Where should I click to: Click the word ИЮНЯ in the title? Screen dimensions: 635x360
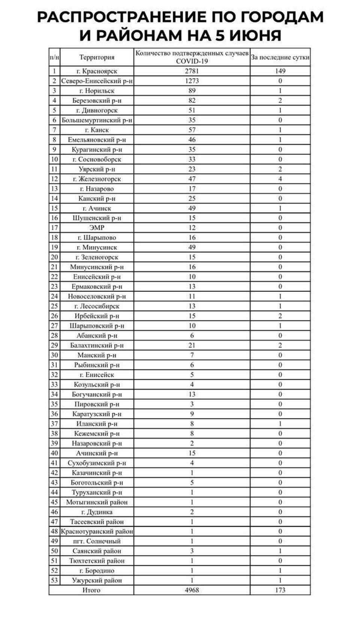point(255,35)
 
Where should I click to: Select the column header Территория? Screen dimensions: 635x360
point(97,57)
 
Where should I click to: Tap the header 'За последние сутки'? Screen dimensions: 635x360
point(280,57)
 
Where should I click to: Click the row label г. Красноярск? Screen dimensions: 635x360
point(97,71)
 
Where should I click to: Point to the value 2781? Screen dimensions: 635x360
point(192,71)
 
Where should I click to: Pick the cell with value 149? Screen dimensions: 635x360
point(280,71)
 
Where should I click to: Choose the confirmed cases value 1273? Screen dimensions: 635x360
point(192,81)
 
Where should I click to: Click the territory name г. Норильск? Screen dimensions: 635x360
point(97,91)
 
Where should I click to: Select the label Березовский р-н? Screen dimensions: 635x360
point(97,101)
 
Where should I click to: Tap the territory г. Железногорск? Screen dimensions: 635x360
point(97,179)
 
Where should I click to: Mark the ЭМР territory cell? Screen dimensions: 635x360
point(97,228)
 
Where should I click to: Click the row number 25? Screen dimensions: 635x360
point(54,306)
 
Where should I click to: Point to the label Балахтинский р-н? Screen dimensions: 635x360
point(97,345)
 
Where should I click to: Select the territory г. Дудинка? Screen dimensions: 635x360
point(97,512)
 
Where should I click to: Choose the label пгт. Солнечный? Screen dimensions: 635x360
point(97,541)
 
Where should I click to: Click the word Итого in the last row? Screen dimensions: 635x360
point(91,590)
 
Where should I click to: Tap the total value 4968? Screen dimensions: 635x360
point(192,590)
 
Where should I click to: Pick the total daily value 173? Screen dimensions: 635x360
point(280,590)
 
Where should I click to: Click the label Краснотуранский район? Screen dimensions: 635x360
point(97,531)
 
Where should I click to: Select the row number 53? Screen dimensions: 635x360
point(54,580)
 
